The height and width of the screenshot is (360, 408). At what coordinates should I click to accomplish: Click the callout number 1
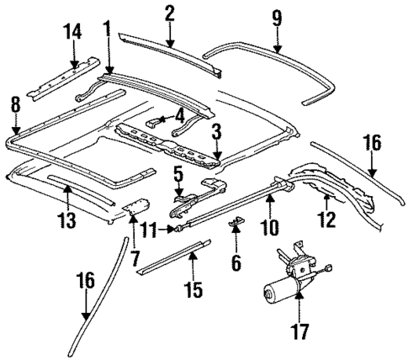click(107, 29)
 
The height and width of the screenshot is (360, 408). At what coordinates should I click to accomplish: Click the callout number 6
click(236, 263)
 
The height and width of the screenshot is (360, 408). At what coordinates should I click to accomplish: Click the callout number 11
click(148, 228)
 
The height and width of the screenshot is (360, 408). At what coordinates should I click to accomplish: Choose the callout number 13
click(66, 221)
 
